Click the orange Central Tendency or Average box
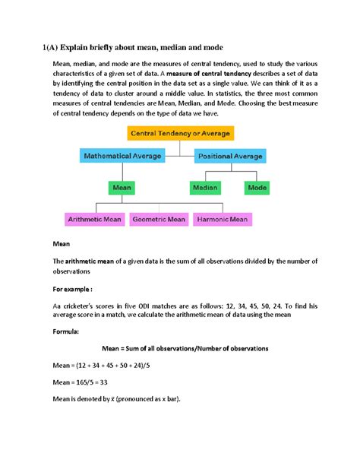point(180,133)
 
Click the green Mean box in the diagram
point(122,185)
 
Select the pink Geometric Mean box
point(159,219)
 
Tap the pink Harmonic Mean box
point(222,219)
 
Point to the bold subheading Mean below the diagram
point(60,246)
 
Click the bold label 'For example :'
point(73,289)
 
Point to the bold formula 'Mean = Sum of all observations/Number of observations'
point(179,348)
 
